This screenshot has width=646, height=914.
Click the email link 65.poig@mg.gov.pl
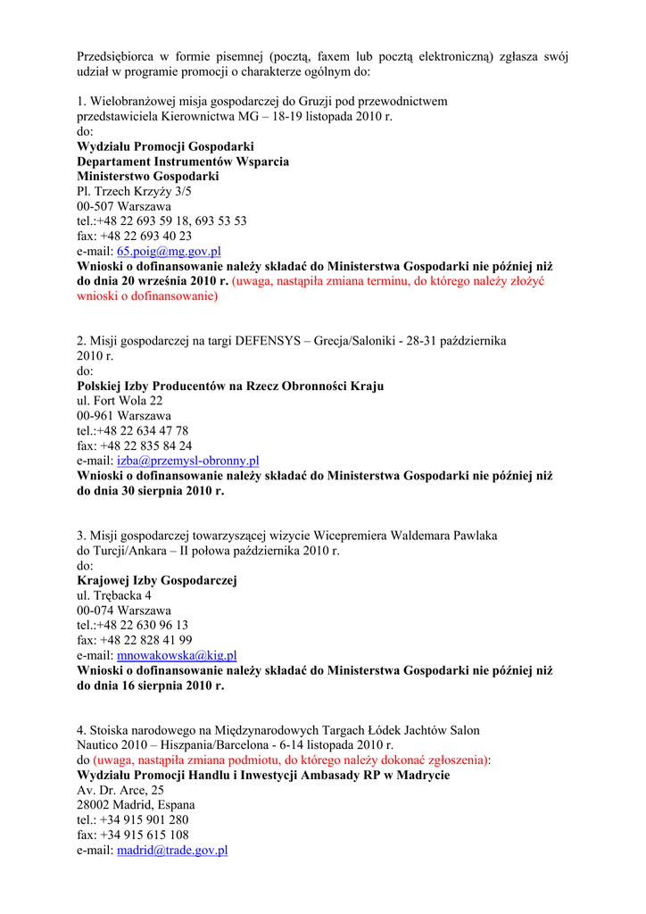(169, 252)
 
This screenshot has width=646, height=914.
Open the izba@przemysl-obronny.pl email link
(187, 461)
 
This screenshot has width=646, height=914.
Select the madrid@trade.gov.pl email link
(172, 851)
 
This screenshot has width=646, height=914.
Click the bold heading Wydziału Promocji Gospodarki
(165, 146)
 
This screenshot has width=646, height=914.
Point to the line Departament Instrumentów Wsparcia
(183, 162)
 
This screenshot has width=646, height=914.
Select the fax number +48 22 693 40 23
(134, 237)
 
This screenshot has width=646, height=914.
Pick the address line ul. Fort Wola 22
(120, 401)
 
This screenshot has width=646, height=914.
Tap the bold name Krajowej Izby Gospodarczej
(157, 580)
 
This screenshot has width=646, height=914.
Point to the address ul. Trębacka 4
(114, 595)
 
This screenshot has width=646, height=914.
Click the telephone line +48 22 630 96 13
(132, 625)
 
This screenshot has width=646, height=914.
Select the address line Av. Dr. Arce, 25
(120, 790)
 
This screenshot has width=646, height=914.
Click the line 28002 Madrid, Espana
(136, 805)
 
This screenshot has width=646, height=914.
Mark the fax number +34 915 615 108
(133, 835)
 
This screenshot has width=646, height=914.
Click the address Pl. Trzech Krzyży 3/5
(134, 191)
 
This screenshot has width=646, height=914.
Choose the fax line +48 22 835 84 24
(134, 445)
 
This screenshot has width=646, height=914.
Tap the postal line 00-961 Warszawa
(124, 416)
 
